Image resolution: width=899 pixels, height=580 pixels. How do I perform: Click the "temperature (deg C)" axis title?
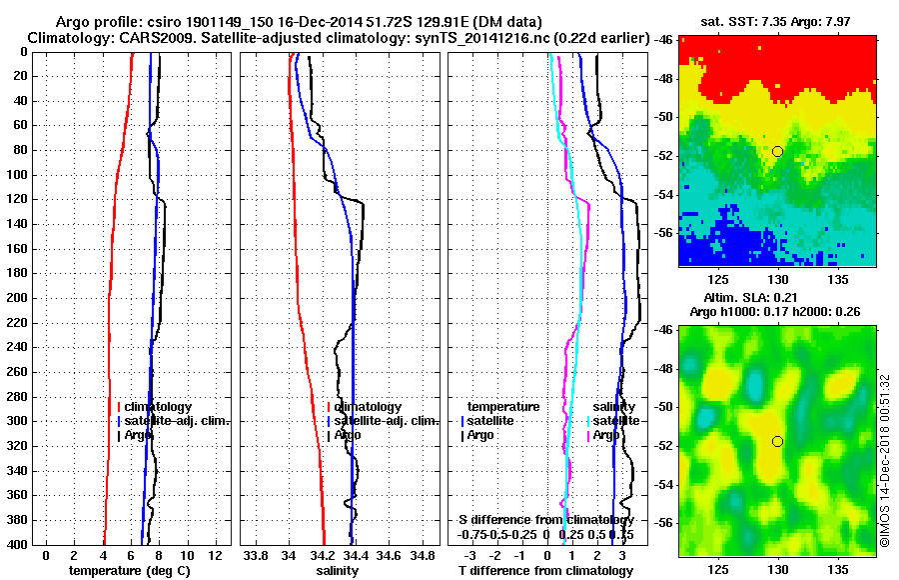[130, 570]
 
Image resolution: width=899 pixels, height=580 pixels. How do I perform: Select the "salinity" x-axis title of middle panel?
[339, 570]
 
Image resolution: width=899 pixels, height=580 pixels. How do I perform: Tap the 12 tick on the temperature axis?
[214, 555]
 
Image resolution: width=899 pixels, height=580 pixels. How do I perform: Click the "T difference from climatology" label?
[544, 570]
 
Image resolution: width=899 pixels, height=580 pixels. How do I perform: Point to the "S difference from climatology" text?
[545, 520]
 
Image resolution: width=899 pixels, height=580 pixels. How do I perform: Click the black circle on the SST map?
[777, 151]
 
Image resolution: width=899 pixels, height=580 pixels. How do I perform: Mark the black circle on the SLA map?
[777, 441]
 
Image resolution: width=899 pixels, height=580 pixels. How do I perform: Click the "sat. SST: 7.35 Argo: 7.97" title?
[777, 21]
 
